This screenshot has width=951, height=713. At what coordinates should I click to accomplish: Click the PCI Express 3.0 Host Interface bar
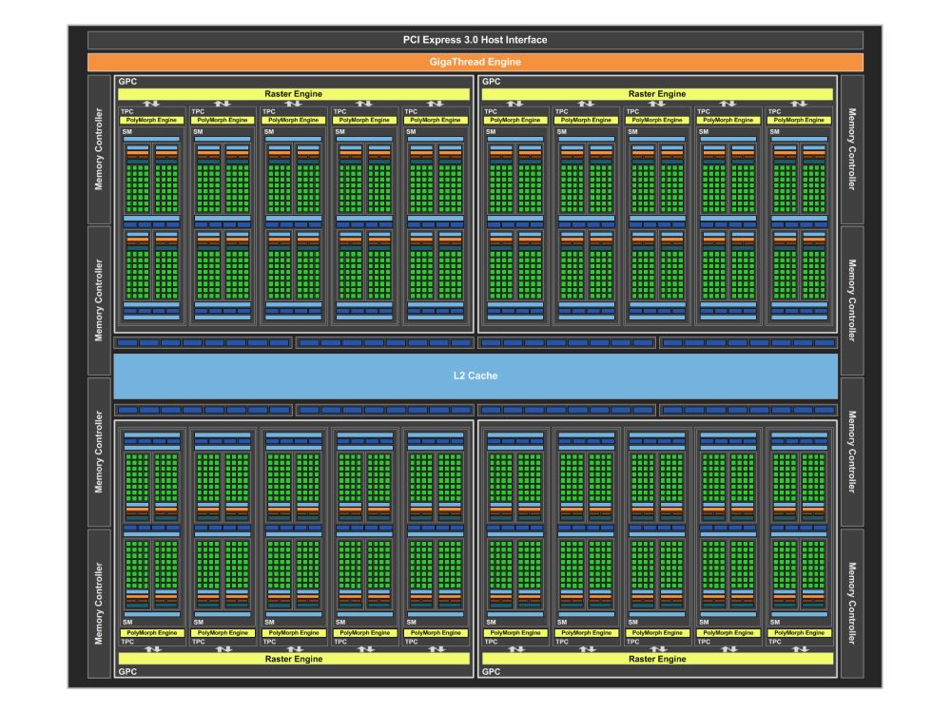point(475,40)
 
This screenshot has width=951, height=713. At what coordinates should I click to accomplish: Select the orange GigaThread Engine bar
point(475,62)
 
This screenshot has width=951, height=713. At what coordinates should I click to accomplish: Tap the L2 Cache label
point(475,376)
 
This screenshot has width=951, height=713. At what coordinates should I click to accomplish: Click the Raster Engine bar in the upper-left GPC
point(293,94)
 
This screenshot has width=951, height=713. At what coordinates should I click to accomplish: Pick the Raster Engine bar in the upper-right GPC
point(657,94)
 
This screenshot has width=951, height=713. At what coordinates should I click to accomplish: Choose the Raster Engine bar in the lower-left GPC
point(293,658)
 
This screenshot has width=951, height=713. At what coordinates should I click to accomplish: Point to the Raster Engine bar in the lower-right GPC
point(657,658)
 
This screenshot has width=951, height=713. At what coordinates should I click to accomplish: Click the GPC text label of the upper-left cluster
point(126,82)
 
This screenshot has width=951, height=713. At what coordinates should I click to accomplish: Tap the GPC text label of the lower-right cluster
point(492,671)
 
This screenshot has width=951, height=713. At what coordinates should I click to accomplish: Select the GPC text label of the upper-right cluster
point(492,82)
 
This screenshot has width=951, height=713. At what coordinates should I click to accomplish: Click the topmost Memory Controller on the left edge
point(99,149)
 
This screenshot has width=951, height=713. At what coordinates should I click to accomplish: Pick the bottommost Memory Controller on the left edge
point(99,604)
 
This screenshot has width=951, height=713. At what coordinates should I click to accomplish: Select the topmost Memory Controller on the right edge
point(851,149)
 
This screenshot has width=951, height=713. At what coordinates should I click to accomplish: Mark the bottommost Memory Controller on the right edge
point(851,604)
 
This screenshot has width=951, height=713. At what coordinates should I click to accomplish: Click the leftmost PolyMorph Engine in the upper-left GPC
point(151,120)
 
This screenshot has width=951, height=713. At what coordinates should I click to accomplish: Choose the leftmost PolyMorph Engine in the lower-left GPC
point(151,632)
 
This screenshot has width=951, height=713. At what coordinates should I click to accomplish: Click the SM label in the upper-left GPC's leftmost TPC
point(126,131)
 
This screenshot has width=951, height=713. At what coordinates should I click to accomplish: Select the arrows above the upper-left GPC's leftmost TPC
point(151,104)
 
